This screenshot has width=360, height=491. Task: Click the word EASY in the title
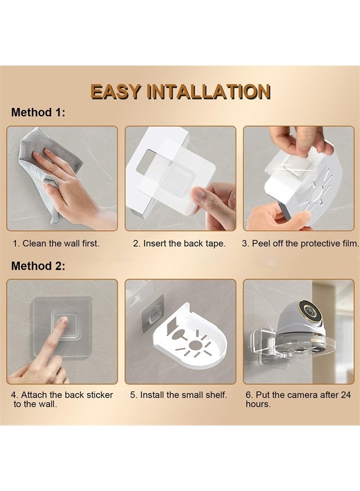116,92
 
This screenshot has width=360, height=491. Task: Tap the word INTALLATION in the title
208,92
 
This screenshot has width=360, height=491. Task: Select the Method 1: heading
38,112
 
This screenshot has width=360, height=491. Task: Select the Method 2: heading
38,266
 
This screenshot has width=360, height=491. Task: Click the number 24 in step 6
345,395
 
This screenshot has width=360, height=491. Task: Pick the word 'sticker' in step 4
99,395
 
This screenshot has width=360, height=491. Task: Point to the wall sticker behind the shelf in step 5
153,314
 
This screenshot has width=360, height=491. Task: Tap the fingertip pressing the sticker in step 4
64,321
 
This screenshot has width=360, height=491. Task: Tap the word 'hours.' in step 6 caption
258,404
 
